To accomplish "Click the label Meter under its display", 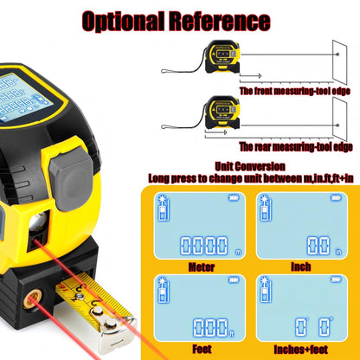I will coord(201,267).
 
